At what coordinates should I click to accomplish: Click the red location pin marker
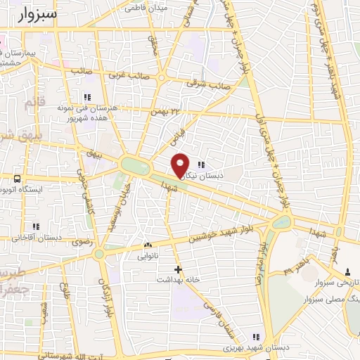click(181, 165)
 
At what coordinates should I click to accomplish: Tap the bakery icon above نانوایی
click(148, 245)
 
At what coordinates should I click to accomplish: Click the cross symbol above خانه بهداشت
click(178, 269)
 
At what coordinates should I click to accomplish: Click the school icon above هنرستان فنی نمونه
click(88, 97)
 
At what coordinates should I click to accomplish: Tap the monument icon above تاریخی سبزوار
click(347, 271)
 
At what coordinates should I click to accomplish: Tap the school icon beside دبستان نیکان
click(200, 165)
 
